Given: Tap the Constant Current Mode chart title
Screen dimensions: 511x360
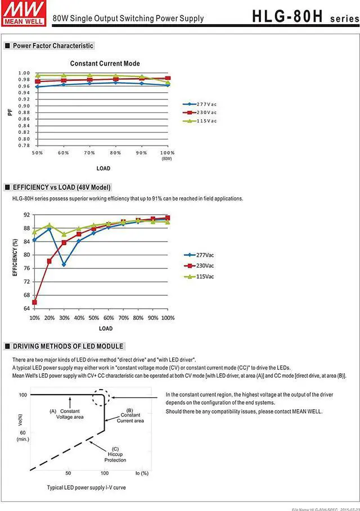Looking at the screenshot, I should [x=105, y=64].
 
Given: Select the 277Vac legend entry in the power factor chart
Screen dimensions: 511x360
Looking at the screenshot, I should [x=206, y=104].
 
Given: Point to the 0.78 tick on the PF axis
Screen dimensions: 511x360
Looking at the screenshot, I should [x=24, y=145].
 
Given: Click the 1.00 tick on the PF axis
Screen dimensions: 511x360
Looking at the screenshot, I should [x=24, y=73].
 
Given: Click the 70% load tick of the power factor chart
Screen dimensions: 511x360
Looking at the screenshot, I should [x=89, y=153].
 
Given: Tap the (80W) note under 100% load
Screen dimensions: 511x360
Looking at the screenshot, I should [x=167, y=159].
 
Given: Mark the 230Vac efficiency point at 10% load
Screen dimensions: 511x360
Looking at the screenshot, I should [x=34, y=302].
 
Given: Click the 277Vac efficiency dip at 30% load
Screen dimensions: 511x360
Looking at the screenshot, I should [x=64, y=264].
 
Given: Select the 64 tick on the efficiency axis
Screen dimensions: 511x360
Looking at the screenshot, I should [x=26, y=309].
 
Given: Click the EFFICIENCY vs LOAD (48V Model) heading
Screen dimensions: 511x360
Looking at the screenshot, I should [x=61, y=187].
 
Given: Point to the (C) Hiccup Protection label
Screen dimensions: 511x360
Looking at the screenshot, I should [x=115, y=454].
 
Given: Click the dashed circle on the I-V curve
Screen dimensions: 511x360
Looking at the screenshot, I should [x=102, y=396].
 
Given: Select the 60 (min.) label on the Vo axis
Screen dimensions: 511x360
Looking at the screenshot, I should [x=22, y=436].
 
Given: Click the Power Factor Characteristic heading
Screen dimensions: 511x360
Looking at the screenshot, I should [x=53, y=46].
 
